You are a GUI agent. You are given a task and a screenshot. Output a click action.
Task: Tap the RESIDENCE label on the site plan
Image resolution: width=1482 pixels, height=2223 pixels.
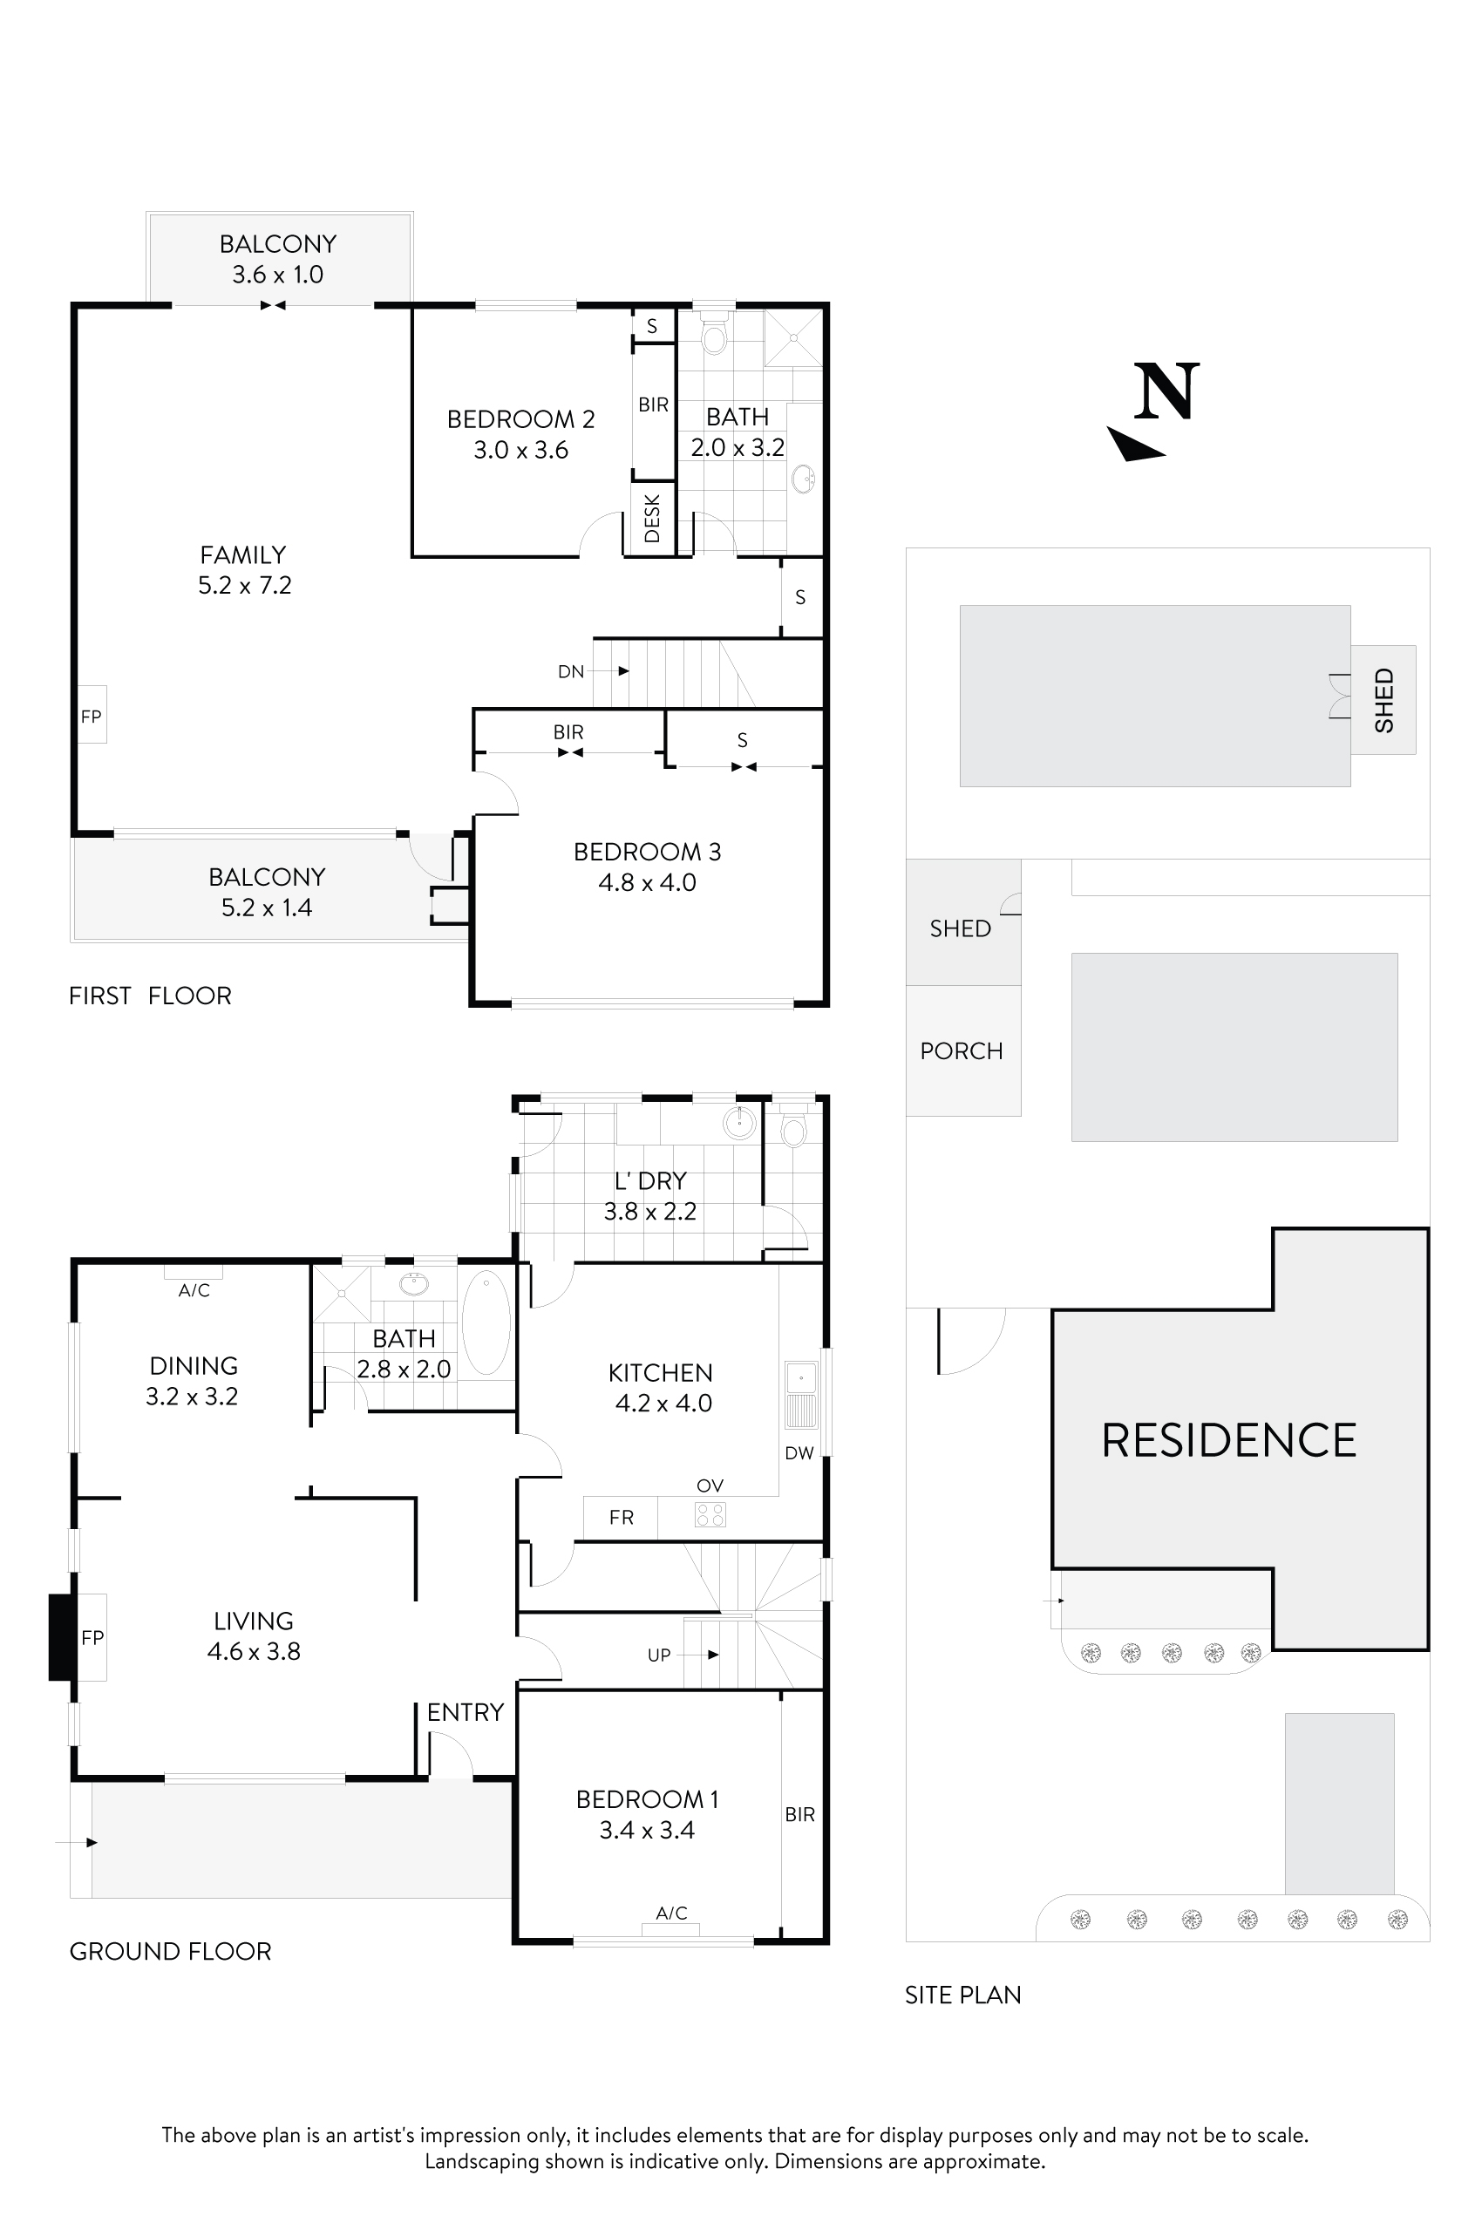1227,1440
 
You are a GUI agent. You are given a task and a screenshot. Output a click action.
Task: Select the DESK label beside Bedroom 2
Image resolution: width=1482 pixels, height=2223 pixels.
651,519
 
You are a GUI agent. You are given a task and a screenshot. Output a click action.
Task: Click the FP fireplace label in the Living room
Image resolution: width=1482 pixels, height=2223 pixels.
92,1637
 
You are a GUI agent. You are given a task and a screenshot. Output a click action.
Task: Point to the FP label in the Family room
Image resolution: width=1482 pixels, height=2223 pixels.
91,717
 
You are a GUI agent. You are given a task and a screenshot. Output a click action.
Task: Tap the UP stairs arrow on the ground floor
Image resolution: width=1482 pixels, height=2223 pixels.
712,1654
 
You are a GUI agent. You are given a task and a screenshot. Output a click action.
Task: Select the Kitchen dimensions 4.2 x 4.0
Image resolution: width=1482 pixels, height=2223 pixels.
663,1403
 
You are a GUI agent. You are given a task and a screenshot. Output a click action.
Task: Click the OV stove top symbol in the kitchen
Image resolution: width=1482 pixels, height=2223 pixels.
710,1514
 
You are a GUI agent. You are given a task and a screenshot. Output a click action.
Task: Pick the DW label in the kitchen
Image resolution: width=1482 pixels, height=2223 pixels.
799,1452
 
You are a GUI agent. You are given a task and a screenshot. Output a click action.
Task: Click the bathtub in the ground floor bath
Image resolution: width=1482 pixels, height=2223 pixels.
486,1322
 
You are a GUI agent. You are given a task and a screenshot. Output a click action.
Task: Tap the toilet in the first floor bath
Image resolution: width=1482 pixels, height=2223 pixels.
714,336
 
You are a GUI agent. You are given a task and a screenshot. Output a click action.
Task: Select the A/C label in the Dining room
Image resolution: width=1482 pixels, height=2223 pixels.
194,1290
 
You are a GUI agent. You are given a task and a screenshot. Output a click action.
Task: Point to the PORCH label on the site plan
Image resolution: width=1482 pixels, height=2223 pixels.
962,1050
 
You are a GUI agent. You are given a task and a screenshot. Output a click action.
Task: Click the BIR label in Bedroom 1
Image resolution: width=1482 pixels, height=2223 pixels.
799,1814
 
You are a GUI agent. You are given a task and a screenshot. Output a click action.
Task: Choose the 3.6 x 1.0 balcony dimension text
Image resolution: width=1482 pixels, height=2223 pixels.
278,274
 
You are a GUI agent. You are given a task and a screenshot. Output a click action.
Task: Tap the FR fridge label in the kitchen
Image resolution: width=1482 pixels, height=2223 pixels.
621,1517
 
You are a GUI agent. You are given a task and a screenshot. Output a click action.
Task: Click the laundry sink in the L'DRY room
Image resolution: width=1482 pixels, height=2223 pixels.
738,1123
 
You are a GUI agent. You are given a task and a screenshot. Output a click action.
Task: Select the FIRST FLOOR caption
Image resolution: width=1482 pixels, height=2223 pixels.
149,996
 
